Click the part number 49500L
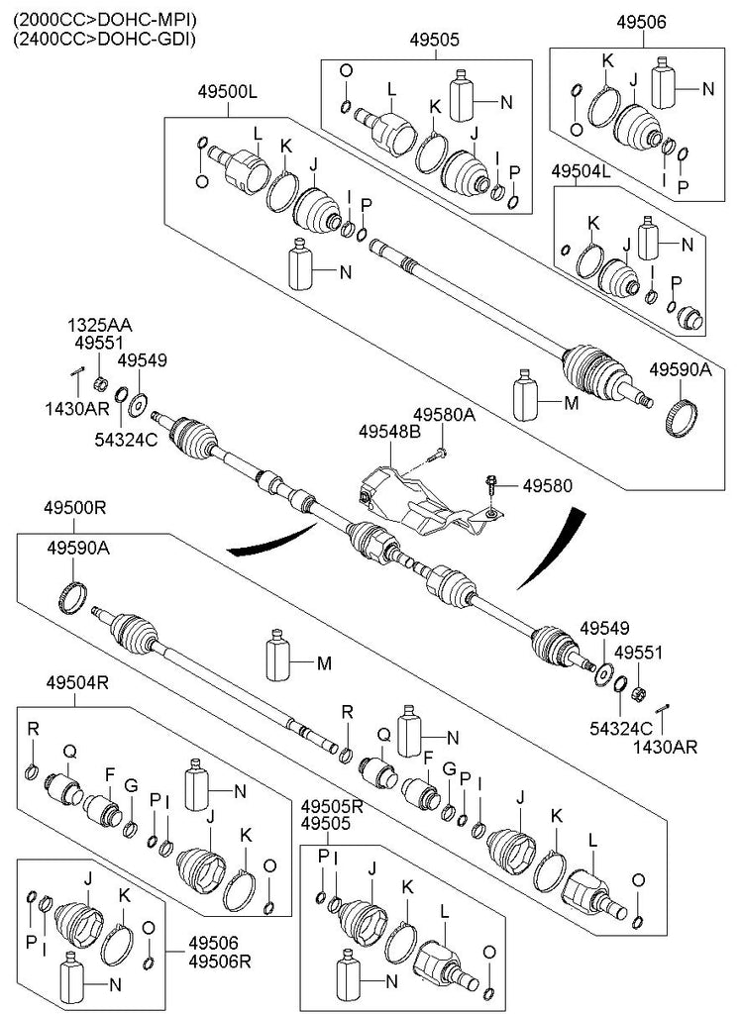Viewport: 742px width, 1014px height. tap(227, 92)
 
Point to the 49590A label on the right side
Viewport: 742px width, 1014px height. tap(681, 369)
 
